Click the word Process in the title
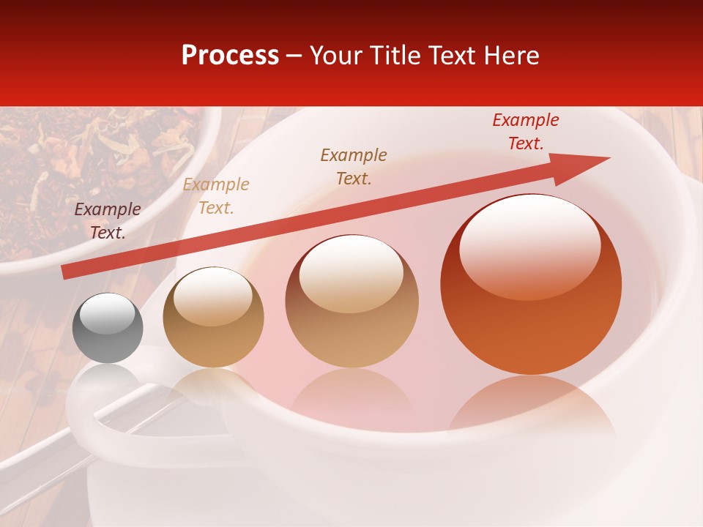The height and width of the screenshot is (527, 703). point(230,56)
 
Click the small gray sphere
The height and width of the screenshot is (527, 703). point(108,328)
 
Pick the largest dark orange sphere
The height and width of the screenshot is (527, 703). point(531,285)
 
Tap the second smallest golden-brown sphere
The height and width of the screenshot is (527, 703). point(213,317)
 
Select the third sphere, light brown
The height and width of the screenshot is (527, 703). point(352,301)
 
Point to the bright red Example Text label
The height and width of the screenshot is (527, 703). point(526,132)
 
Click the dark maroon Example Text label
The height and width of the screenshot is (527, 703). point(108,221)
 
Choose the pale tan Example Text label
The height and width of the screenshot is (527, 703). point(216,196)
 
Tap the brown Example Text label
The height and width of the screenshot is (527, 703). point(354,167)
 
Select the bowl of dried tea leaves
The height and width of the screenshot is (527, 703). point(95,176)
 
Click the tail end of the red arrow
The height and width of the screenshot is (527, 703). point(66,272)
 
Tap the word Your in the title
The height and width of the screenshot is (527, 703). point(335,56)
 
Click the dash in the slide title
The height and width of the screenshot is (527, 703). point(294,56)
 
